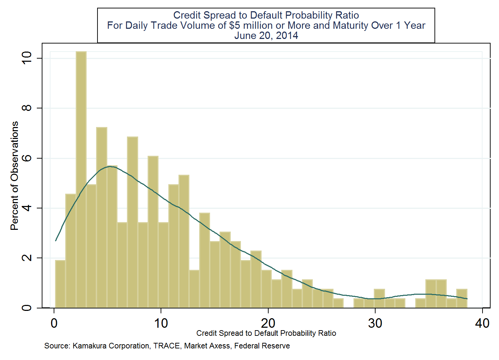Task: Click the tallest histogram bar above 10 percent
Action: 81,179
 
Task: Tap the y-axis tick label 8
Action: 27,108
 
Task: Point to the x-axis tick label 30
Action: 375,323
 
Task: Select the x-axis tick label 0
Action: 54,323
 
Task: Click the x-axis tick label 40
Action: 482,323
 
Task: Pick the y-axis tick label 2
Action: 27,258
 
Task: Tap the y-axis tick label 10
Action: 27,58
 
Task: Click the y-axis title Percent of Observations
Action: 14,176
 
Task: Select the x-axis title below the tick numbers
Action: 266,333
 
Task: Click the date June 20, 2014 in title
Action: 266,36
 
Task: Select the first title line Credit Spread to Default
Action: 266,15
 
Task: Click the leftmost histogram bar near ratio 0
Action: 60,284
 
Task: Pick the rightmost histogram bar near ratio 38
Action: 461,299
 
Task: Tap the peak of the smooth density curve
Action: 110,166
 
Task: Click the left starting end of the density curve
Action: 56,240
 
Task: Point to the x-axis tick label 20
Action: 268,323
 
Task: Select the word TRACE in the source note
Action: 166,346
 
